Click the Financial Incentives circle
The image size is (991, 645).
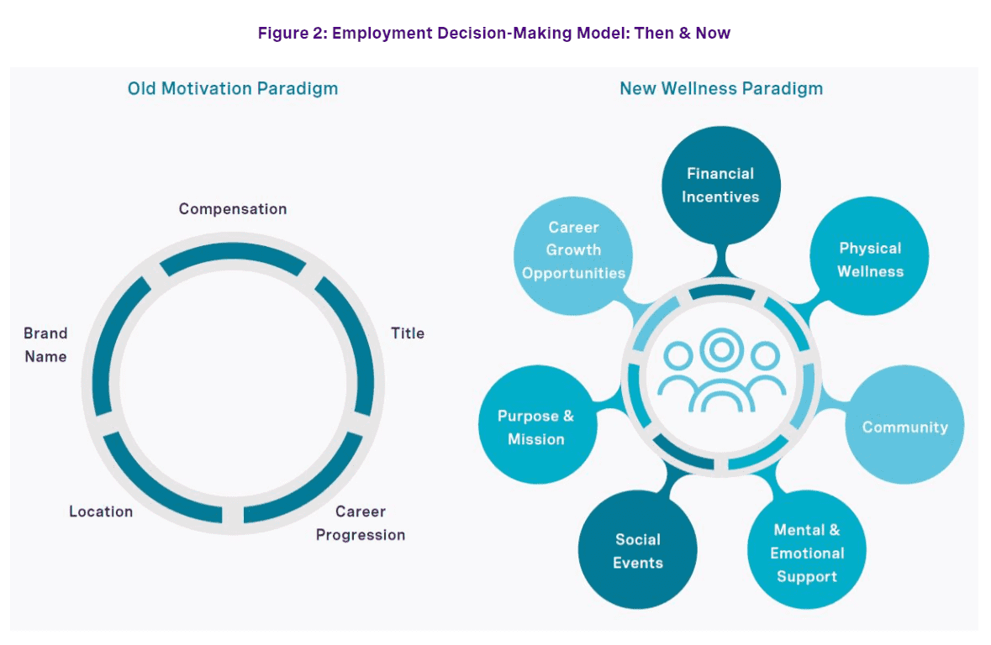point(720,186)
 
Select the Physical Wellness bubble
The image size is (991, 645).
point(869,260)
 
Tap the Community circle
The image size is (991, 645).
point(904,427)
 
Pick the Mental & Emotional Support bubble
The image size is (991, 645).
point(806,553)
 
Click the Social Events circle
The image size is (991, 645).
point(637,551)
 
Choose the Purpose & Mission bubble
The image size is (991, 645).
point(536,427)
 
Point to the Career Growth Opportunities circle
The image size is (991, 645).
point(573,249)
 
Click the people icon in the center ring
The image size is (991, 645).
point(721,374)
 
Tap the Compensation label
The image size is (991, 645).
point(233,209)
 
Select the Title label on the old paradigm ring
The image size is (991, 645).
point(408,333)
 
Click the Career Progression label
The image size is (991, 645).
point(361,523)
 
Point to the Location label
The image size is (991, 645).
point(101,511)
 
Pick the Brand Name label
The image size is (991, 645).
point(45,344)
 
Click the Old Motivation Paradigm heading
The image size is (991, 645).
point(233,88)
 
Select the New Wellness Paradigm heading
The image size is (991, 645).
point(721,88)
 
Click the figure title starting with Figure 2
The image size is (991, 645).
point(494,34)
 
